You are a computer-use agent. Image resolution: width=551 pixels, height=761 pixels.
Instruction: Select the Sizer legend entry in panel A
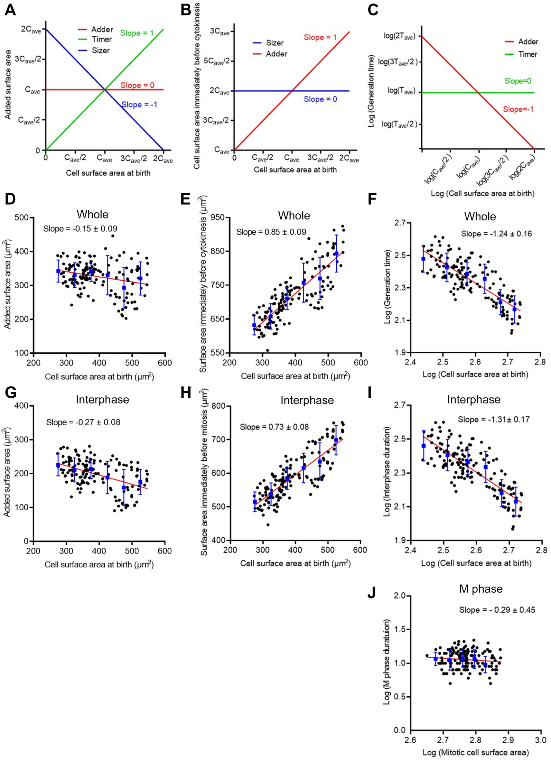pos(100,51)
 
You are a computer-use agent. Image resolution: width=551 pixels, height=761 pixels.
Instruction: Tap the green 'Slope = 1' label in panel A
pos(136,33)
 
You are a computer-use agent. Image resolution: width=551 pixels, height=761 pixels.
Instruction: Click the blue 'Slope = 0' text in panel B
pos(320,99)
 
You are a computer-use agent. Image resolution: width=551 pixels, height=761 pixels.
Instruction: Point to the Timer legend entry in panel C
pos(527,54)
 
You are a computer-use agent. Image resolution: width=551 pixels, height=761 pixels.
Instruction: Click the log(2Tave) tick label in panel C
pos(399,36)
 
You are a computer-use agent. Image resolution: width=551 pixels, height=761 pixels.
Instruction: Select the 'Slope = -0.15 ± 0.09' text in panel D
pos(80,229)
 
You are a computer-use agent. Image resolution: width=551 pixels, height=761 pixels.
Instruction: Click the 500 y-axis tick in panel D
pos(22,218)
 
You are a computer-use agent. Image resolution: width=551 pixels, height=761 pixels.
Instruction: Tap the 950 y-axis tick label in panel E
pos(218,218)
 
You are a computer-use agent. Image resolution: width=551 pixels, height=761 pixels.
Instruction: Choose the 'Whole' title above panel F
pos(480,217)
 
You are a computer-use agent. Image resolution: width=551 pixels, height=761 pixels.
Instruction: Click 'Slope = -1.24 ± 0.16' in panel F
pos(496,234)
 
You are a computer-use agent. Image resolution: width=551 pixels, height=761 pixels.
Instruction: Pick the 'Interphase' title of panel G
pos(102,400)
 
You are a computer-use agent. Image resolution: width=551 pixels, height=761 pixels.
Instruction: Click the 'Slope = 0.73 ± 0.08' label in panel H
pos(274,427)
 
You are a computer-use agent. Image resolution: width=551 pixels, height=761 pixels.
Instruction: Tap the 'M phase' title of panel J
pos(481,589)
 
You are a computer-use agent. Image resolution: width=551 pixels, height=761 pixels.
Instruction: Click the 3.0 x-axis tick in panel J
pos(540,740)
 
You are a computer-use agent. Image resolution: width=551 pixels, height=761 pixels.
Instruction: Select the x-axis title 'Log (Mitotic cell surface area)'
pos(475,753)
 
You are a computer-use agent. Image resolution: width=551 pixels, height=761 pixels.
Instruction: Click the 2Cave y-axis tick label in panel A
pos(31,30)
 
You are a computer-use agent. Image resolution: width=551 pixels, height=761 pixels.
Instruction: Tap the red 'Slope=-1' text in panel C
pos(518,109)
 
